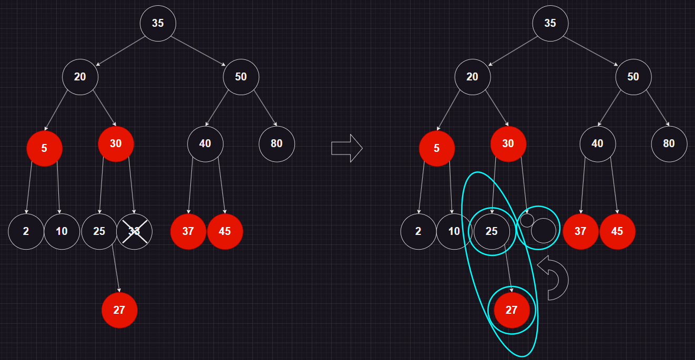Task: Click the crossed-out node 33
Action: coord(134,231)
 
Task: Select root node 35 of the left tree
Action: coord(158,23)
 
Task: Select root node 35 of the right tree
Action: coord(550,23)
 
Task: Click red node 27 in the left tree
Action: coord(119,310)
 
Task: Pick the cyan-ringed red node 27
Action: coord(512,310)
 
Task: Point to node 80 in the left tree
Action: coord(277,143)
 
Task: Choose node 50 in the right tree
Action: coord(633,77)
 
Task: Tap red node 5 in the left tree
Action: coord(44,148)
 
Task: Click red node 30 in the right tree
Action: coord(508,143)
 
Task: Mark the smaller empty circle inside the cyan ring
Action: coord(527,220)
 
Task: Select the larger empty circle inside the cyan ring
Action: coord(543,231)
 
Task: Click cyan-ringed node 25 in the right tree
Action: coord(492,231)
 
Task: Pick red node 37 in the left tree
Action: coord(188,231)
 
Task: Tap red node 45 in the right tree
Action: coord(617,231)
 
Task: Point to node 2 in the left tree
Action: coord(26,231)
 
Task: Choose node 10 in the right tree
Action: coord(454,231)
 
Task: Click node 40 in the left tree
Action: coord(205,143)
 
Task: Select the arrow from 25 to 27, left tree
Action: coord(116,269)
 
